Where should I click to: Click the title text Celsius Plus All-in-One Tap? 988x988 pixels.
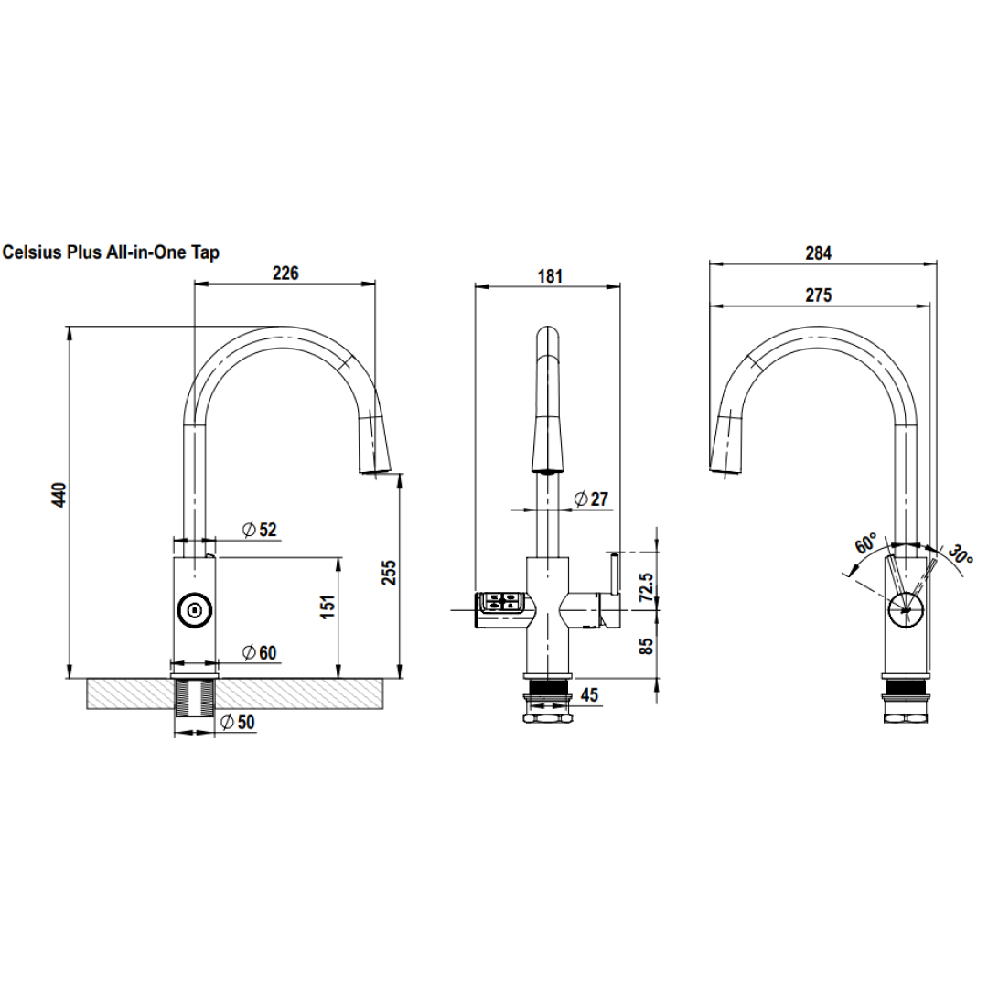click(112, 253)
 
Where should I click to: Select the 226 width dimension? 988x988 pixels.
click(285, 272)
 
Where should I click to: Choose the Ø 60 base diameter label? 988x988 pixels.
click(259, 652)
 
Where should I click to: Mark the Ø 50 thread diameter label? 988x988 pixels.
click(238, 723)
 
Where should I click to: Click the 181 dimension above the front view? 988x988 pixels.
click(549, 275)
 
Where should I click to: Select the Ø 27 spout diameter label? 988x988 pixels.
click(590, 499)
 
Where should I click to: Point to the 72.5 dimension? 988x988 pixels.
click(646, 585)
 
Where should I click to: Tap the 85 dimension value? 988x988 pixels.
click(646, 645)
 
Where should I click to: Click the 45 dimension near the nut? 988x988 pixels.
click(589, 696)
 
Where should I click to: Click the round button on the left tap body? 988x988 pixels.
click(193, 610)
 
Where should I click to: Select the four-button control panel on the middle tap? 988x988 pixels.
click(499, 602)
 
